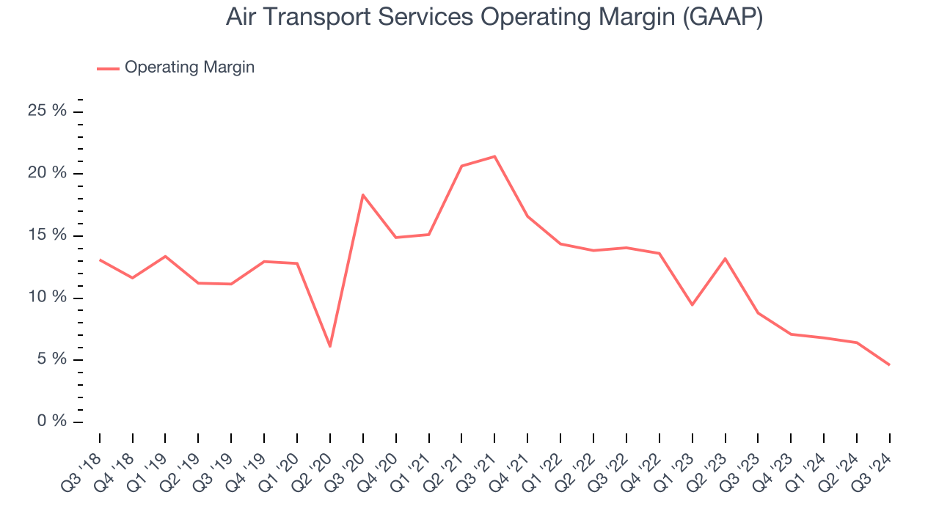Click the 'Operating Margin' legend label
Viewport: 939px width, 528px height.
pos(189,67)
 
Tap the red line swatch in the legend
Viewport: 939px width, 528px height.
pos(108,68)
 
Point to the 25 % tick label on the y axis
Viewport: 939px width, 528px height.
pos(48,111)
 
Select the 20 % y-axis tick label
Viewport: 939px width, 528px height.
pos(48,174)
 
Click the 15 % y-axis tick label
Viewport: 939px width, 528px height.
pos(48,235)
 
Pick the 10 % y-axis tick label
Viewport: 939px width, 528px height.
pos(48,298)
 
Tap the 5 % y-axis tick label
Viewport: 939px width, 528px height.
pos(51,359)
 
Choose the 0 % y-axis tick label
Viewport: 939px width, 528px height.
pos(51,422)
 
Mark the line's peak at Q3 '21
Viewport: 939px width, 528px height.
pos(494,156)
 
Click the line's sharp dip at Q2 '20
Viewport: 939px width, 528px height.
pos(330,346)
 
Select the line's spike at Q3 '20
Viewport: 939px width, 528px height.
pos(362,195)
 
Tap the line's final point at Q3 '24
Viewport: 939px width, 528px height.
pos(889,364)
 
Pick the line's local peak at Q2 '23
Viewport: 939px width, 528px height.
pos(725,258)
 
